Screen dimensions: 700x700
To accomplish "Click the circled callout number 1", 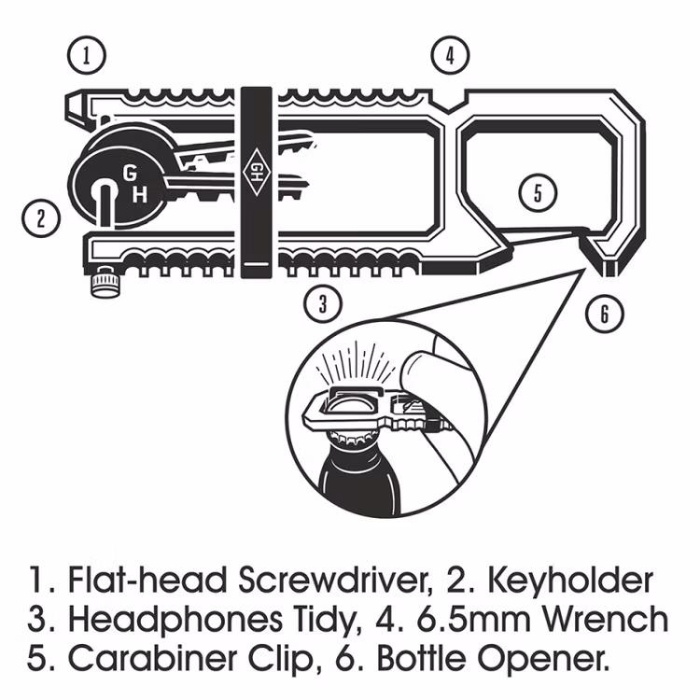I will (86, 55).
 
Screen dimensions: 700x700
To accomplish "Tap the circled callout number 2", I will (41, 219).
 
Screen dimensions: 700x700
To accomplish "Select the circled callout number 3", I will (322, 301).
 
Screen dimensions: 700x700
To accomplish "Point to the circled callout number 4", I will (450, 55).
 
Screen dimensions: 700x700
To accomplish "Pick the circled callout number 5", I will (538, 193).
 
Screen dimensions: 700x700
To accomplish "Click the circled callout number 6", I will (604, 314).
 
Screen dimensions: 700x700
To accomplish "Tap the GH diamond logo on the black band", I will (256, 169).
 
